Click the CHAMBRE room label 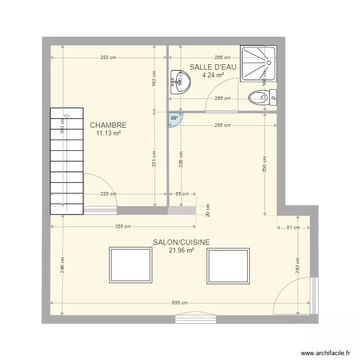108,125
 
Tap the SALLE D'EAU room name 213,67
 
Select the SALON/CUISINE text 181,242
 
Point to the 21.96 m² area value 181,250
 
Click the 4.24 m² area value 213,75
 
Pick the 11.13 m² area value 108,133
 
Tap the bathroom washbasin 180,82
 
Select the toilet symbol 263,97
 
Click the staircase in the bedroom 67,161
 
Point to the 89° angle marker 173,118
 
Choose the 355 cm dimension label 123,227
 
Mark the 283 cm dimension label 108,58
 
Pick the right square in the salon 228,266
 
